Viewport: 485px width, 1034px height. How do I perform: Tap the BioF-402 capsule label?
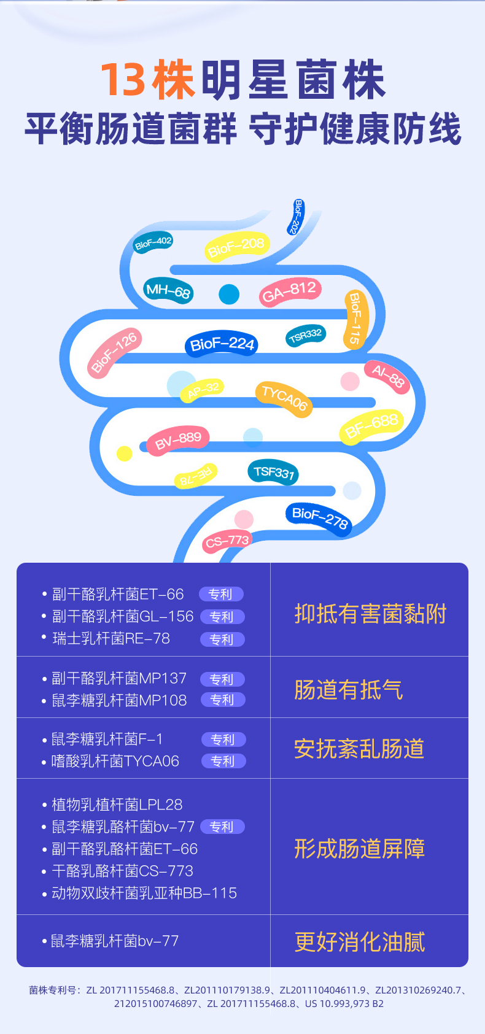(x=153, y=242)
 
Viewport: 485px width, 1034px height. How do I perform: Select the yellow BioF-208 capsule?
(x=236, y=247)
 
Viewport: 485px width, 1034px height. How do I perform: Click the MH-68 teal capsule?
(x=168, y=290)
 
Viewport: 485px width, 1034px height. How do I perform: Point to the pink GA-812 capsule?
(x=289, y=291)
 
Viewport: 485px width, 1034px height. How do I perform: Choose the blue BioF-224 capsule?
(x=222, y=344)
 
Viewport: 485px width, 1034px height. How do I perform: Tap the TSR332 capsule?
(x=306, y=335)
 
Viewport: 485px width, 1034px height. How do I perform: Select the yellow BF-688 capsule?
(x=371, y=425)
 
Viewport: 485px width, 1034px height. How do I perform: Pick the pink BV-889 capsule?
(x=178, y=439)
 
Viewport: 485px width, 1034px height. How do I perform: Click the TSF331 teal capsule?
(x=274, y=472)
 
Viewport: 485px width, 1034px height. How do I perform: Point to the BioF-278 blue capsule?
(x=319, y=517)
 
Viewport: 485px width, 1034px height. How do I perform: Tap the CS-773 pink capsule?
(x=227, y=541)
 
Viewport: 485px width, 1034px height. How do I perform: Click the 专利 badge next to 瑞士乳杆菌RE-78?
(x=222, y=639)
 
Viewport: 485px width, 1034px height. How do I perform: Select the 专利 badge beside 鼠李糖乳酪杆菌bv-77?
(x=222, y=827)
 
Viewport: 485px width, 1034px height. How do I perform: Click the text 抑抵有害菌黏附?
(x=370, y=614)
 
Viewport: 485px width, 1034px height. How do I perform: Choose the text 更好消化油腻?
(x=360, y=941)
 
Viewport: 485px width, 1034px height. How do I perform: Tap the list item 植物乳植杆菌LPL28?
(x=117, y=804)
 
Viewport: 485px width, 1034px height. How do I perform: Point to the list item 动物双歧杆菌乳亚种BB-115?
(x=144, y=893)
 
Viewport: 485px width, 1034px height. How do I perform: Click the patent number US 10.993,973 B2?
(x=344, y=1004)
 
